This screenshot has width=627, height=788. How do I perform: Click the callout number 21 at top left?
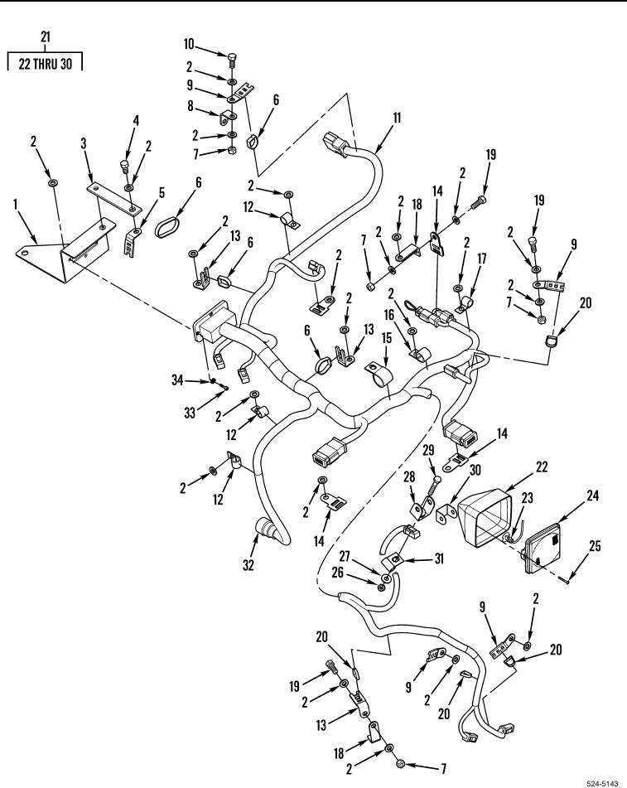46,36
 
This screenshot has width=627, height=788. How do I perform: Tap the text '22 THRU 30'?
46,64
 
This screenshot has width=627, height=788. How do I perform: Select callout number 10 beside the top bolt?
188,44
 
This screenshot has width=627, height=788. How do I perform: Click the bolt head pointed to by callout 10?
231,56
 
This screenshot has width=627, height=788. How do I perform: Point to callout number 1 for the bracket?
16,204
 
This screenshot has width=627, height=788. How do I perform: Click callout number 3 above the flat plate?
84,143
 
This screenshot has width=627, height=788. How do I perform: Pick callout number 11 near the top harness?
397,118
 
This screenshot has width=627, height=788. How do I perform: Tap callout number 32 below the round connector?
248,565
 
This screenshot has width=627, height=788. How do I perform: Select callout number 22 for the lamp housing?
542,467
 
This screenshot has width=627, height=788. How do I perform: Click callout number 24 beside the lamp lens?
593,496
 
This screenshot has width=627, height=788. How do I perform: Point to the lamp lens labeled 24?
542,548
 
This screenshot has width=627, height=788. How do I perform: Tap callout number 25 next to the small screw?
595,546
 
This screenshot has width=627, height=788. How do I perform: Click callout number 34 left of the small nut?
177,380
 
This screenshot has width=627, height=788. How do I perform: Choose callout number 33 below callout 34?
190,413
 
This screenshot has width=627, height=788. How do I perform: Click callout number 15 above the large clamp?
386,338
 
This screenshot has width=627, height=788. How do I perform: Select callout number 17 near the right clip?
482,259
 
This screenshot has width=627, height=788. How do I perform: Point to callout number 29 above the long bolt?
428,450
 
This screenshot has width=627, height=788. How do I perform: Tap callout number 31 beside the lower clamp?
439,558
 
